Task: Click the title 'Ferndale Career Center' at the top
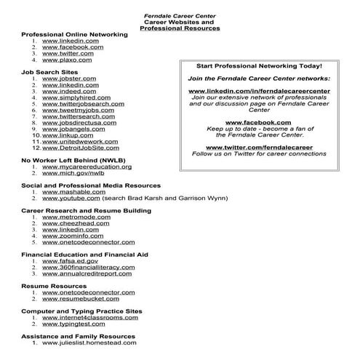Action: pyautogui.click(x=180, y=15)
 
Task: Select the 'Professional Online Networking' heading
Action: pyautogui.click(x=74, y=34)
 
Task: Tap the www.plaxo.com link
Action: pyautogui.click(x=68, y=60)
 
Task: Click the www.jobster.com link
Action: pyautogui.click(x=69, y=78)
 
